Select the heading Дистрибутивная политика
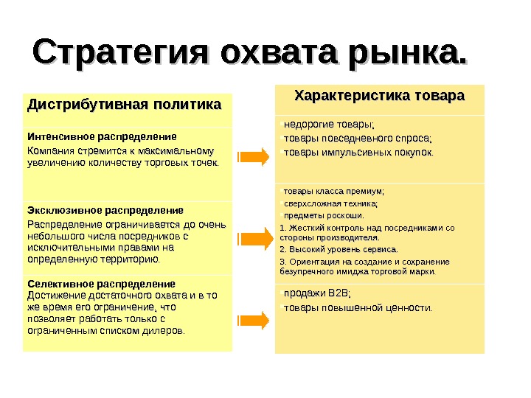point(124,105)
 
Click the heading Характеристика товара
point(380,96)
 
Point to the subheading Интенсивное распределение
point(102,137)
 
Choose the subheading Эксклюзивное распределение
point(105,210)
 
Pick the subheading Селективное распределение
point(102,283)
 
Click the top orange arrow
point(252,156)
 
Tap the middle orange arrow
point(252,238)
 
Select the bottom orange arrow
point(252,320)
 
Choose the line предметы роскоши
point(324,216)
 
